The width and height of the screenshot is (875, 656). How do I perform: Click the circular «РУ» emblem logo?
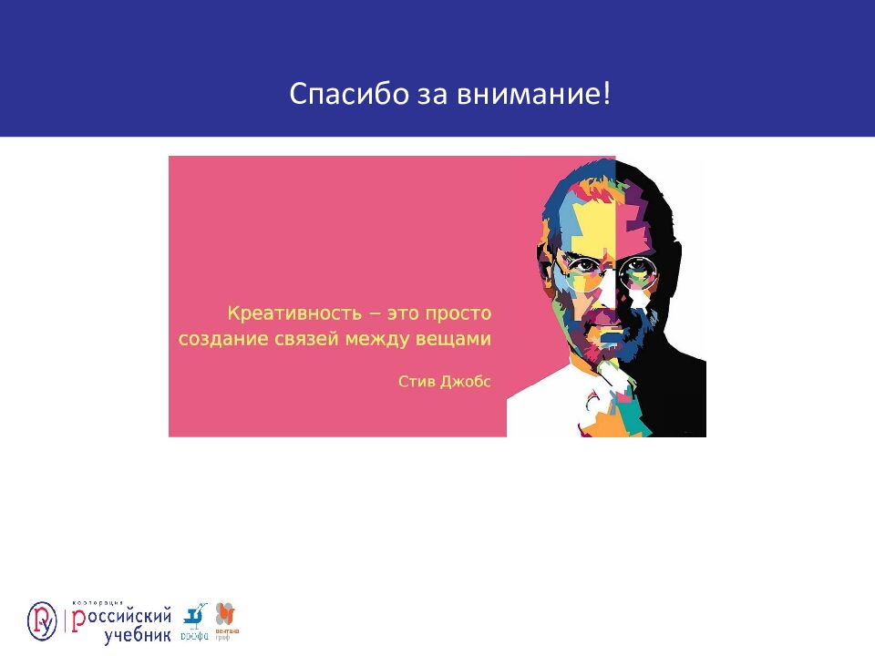42,620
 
